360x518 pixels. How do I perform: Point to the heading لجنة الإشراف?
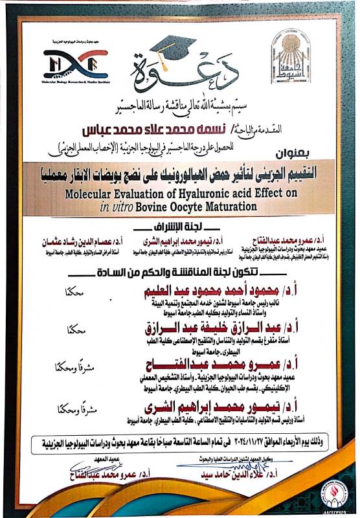[x=180, y=227]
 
